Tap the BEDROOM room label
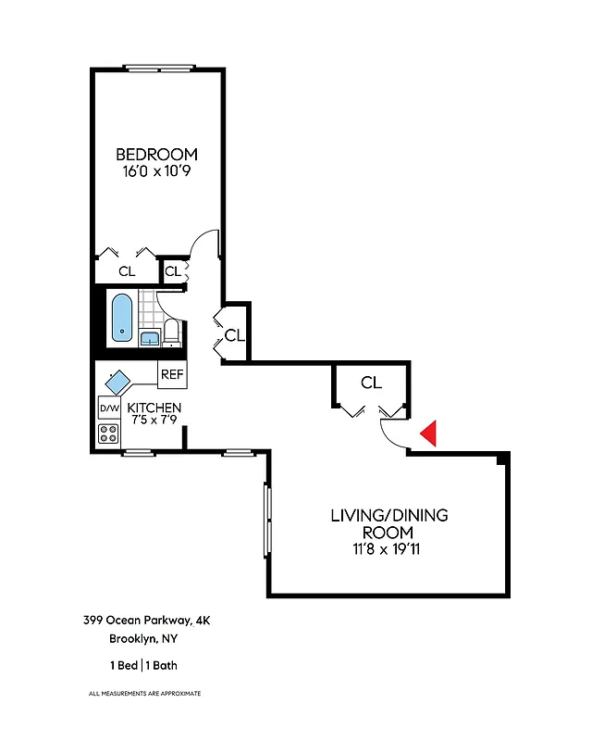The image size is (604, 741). pyautogui.click(x=156, y=154)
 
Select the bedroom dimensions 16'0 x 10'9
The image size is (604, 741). pyautogui.click(x=156, y=171)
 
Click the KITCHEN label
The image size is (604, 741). pyautogui.click(x=154, y=408)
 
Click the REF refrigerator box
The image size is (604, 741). pyautogui.click(x=172, y=374)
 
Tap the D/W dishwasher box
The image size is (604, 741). pyautogui.click(x=108, y=408)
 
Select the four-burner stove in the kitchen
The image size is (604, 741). pyautogui.click(x=108, y=433)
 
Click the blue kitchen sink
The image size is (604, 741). pyautogui.click(x=118, y=381)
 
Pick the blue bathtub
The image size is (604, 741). pyautogui.click(x=122, y=317)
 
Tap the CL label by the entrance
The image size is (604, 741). pyautogui.click(x=371, y=382)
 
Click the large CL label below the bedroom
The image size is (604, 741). pyautogui.click(x=127, y=271)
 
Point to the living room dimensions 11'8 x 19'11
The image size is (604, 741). pyautogui.click(x=388, y=549)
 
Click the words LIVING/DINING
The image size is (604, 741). pyautogui.click(x=388, y=515)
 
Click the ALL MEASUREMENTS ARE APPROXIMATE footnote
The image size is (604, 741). pyautogui.click(x=144, y=693)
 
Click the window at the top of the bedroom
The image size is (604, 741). pyautogui.click(x=159, y=67)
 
